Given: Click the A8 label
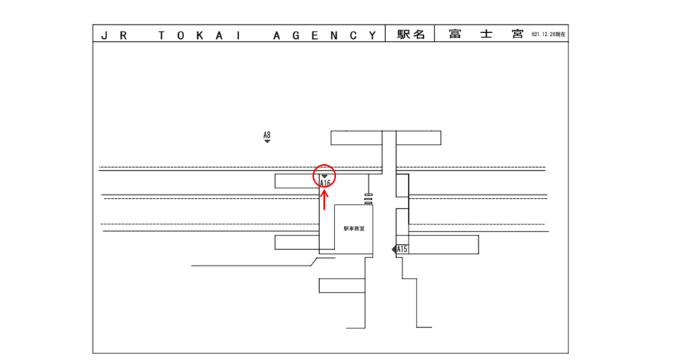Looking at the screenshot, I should pyautogui.click(x=267, y=134).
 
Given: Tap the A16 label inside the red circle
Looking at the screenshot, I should pyautogui.click(x=326, y=183).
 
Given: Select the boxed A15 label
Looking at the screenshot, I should pyautogui.click(x=402, y=250).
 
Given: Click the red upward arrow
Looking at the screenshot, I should pyautogui.click(x=324, y=199).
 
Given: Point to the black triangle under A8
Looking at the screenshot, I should pyautogui.click(x=267, y=142).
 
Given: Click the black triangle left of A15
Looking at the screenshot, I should pyautogui.click(x=394, y=250).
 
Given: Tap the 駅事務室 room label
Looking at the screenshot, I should pyautogui.click(x=354, y=229).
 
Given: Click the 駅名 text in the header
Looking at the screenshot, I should pyautogui.click(x=411, y=34).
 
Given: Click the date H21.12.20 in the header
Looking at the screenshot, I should pyautogui.click(x=549, y=34).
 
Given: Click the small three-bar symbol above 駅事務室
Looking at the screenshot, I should pyautogui.click(x=368, y=198).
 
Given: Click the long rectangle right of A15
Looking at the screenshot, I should pyautogui.click(x=443, y=244).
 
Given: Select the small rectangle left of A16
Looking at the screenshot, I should pyautogui.click(x=295, y=181).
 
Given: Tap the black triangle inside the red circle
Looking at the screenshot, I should pyautogui.click(x=324, y=175).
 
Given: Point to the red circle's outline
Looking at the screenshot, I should pyautogui.click(x=313, y=176).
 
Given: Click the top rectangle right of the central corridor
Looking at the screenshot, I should pyautogui.click(x=419, y=138).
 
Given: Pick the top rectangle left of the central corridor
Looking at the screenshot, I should pyautogui.click(x=356, y=138).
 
